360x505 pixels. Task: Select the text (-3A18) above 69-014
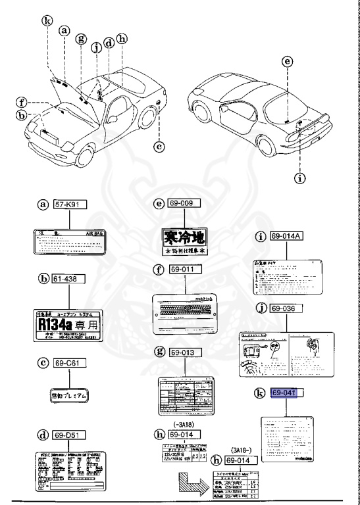pyautogui.click(x=183, y=425)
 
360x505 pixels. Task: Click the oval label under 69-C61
pyautogui.click(x=69, y=395)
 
